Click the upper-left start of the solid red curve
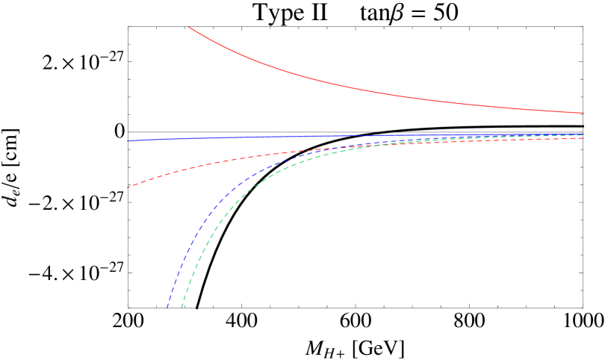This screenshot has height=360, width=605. (189, 27)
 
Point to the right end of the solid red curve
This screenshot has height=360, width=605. (583, 113)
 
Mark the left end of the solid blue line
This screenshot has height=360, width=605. (128, 140)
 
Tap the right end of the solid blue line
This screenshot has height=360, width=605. (583, 134)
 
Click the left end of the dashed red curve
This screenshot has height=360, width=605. (128, 187)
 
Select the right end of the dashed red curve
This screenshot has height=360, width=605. (583, 138)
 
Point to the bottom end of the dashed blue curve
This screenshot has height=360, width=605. (167, 306)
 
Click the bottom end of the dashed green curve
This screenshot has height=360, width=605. (181, 306)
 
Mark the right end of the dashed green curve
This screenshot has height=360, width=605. (583, 135)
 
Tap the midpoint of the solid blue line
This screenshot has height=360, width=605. (355, 137)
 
